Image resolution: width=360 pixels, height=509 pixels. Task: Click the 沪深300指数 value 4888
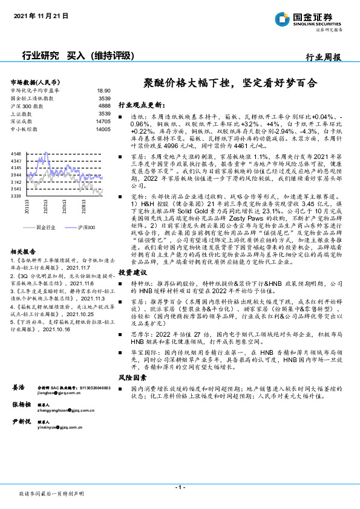tap(104, 106)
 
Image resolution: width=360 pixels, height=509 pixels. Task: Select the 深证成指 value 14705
tap(103, 122)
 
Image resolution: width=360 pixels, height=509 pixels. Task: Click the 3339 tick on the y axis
tap(16, 196)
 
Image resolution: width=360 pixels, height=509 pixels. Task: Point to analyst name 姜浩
tap(18, 369)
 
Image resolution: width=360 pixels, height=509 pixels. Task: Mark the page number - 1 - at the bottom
tap(180, 487)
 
